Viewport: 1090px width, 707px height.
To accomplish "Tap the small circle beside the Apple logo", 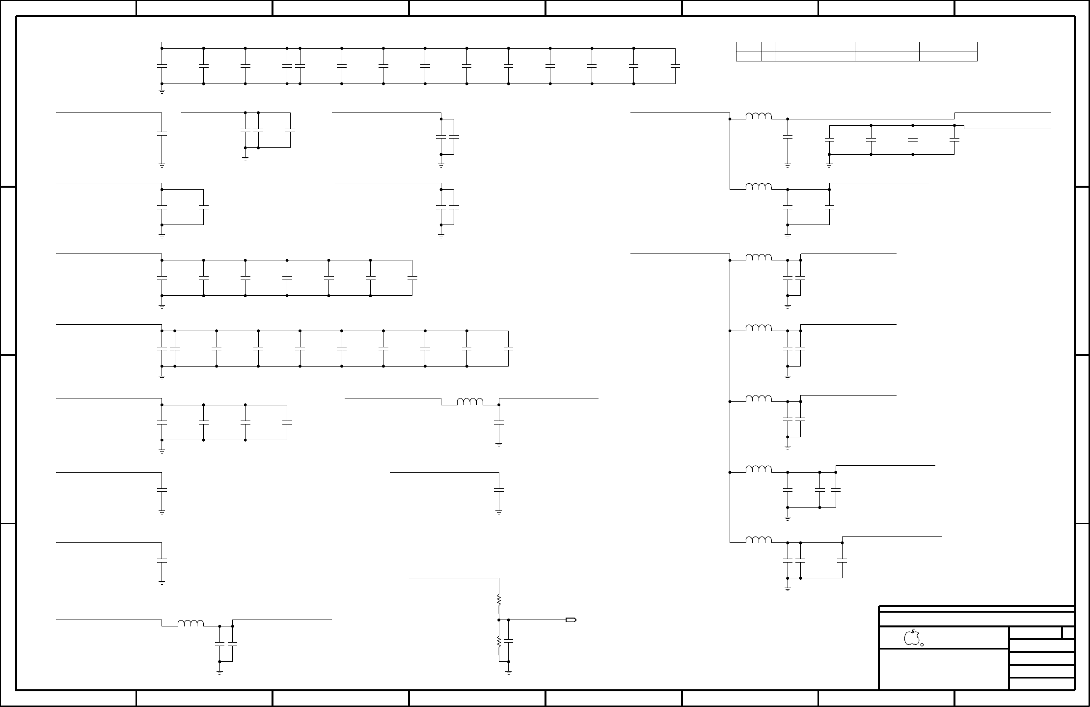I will click(x=922, y=645).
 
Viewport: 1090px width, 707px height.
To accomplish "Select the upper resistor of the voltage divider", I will click(x=499, y=600).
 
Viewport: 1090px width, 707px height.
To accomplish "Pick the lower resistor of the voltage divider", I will click(x=499, y=642).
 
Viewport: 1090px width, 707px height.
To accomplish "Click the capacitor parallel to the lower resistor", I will click(x=509, y=641).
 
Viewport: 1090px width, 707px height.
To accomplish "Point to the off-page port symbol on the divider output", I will click(x=571, y=620).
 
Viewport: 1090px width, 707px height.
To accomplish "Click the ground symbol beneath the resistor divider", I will click(x=509, y=672).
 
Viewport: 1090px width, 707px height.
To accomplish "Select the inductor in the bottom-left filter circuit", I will click(x=191, y=623).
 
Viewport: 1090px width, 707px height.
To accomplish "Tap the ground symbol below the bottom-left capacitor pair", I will click(x=219, y=672).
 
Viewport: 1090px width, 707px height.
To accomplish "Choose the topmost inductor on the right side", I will click(x=759, y=116).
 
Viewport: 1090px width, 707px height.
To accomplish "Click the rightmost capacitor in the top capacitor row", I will click(x=675, y=65).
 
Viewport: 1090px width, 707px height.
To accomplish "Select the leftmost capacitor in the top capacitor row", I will click(x=162, y=65).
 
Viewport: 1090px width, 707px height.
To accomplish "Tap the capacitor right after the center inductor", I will click(x=499, y=422).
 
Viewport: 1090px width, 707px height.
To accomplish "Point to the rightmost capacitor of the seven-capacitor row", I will click(x=412, y=278).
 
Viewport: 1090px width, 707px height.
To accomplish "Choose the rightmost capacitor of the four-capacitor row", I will click(x=287, y=422).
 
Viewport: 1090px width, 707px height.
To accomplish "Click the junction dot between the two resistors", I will click(x=499, y=620).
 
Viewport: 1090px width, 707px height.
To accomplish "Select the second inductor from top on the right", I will click(x=759, y=187).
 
